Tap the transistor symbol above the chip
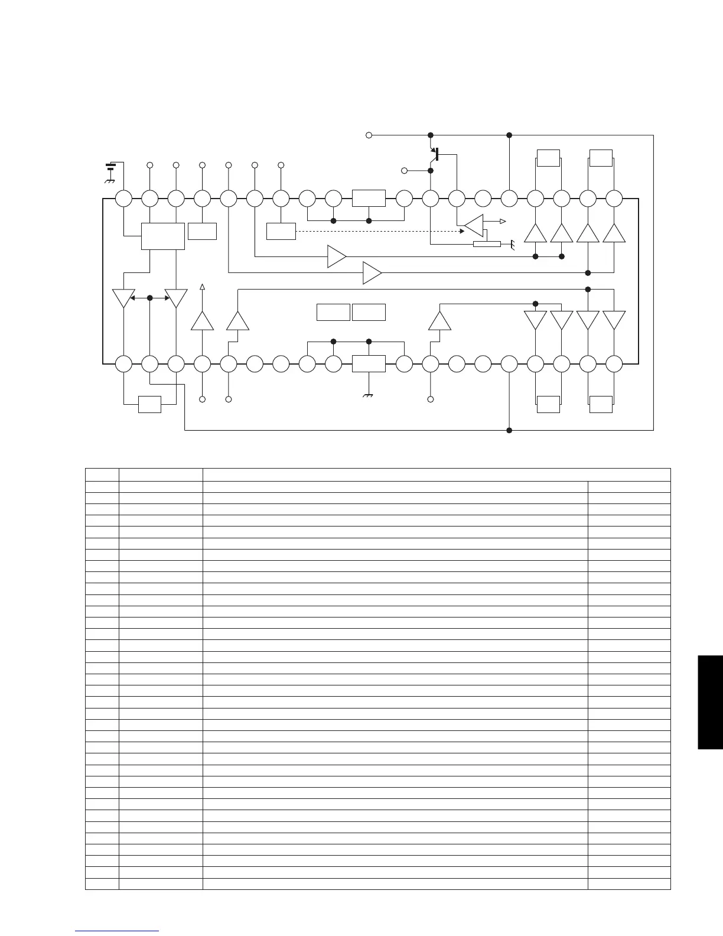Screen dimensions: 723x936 435,155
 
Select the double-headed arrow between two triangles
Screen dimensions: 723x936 149,298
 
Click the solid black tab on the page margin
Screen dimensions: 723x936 710,702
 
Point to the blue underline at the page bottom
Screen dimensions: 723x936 118,931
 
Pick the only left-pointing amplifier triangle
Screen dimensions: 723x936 474,225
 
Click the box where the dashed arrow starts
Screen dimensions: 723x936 281,231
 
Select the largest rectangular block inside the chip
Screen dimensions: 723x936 162,236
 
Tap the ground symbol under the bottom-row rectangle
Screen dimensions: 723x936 369,396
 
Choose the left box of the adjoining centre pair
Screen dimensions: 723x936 333,312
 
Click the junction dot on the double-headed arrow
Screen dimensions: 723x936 149,298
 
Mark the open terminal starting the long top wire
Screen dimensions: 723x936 369,135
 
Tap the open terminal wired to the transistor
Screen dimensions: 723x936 404,171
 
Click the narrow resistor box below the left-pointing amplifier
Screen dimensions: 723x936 487,244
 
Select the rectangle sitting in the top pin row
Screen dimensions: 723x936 369,199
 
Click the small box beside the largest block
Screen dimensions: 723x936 202,231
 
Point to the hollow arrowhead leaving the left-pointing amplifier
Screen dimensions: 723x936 503,221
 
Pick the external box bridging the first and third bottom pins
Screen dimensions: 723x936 149,404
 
